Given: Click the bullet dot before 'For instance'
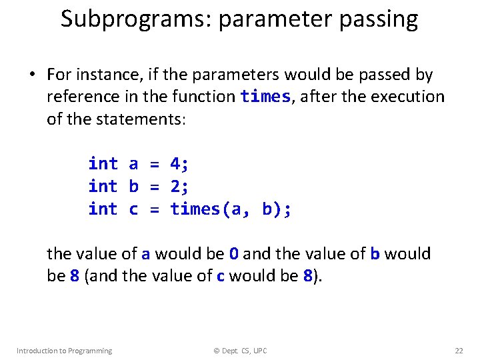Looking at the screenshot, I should pyautogui.click(x=31, y=75).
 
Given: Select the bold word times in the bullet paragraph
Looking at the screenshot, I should pyautogui.click(x=265, y=97).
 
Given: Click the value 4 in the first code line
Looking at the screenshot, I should pyautogui.click(x=176, y=163).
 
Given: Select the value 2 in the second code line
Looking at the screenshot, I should pyautogui.click(x=176, y=186).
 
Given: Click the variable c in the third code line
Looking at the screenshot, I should pyautogui.click(x=133, y=209).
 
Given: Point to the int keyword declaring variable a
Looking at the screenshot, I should pyautogui.click(x=103, y=163).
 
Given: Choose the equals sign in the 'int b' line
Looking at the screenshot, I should pyautogui.click(x=154, y=186).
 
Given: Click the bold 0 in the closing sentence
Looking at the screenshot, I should pyautogui.click(x=234, y=254).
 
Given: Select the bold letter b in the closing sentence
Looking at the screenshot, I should pyautogui.click(x=375, y=254).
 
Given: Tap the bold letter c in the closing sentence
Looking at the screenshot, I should pyautogui.click(x=221, y=276).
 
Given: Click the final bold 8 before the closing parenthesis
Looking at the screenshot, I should pyautogui.click(x=307, y=276).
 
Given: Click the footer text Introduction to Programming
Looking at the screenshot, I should pyautogui.click(x=64, y=351).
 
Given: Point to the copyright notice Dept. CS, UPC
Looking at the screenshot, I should pyautogui.click(x=241, y=351).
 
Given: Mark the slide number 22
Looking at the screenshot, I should pyautogui.click(x=459, y=351).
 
